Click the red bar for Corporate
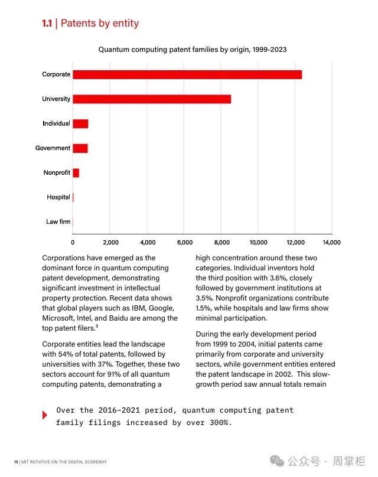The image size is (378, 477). (187, 74)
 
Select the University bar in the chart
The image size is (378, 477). (152, 99)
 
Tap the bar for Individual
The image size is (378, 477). (80, 123)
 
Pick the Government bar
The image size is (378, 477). (80, 148)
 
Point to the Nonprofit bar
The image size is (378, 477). (76, 173)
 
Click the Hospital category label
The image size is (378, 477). (58, 197)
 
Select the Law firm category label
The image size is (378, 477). (58, 222)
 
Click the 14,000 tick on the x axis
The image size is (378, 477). (331, 242)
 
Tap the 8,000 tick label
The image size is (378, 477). (221, 242)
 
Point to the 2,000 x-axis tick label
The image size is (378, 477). (110, 242)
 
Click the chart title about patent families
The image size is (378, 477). (192, 50)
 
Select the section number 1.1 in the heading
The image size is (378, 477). (47, 24)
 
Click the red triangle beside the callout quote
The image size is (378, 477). (45, 415)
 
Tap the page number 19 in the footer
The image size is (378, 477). (15, 462)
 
